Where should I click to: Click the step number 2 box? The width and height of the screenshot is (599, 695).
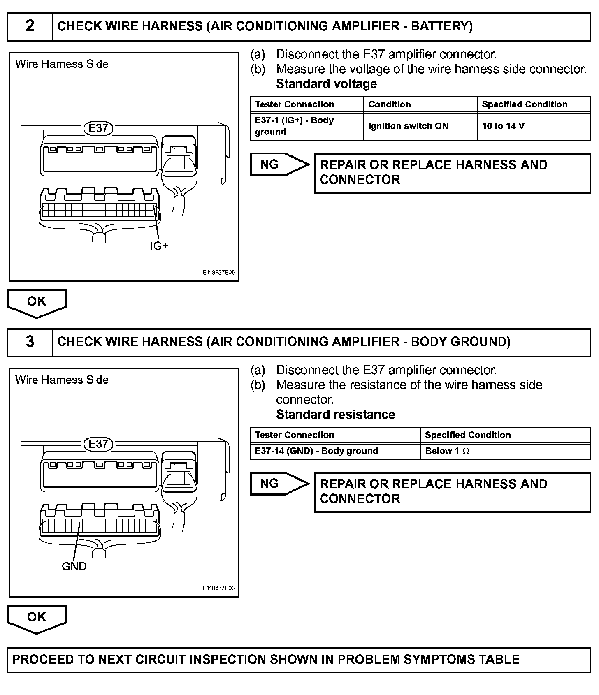click(x=30, y=26)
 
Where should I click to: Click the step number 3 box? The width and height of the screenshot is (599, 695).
click(x=30, y=342)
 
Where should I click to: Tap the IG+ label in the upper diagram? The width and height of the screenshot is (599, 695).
click(x=159, y=246)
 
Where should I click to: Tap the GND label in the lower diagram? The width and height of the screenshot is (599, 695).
click(x=74, y=566)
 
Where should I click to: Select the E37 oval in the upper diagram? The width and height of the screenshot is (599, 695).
click(x=98, y=128)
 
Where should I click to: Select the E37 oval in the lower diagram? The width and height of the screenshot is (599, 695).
click(x=98, y=444)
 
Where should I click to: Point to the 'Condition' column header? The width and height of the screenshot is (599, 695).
click(x=389, y=104)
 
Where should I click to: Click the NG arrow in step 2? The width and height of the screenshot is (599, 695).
click(x=279, y=164)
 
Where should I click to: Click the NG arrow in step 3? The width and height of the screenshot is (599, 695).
click(x=279, y=484)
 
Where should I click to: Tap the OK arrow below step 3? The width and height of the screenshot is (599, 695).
click(x=37, y=618)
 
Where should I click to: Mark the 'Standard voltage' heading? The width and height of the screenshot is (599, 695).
click(x=326, y=84)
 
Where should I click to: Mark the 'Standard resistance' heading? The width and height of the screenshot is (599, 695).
click(x=335, y=415)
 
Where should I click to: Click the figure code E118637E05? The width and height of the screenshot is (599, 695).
click(x=218, y=273)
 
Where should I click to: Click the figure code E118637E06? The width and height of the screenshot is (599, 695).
click(x=218, y=588)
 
